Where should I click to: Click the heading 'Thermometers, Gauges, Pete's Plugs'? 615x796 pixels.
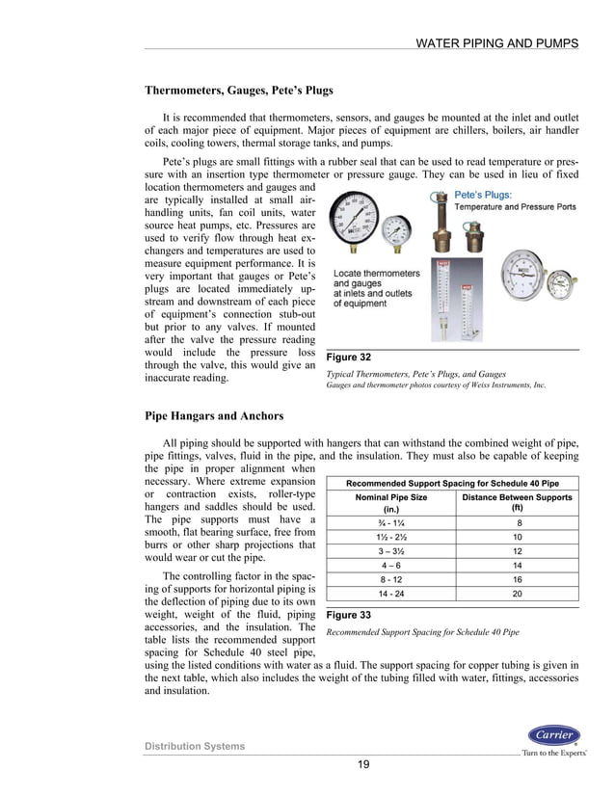[238, 91]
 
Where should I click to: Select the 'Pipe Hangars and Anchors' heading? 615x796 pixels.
[214, 415]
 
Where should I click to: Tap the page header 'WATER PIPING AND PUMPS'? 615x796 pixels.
[496, 43]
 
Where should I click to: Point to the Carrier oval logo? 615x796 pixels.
[553, 735]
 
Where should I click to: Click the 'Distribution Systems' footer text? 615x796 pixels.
[195, 746]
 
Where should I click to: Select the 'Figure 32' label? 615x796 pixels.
[350, 358]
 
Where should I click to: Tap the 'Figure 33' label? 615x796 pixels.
[350, 613]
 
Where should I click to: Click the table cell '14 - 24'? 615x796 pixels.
[390, 595]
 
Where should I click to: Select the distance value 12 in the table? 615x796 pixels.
[517, 551]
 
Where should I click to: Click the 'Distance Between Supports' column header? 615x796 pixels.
[517, 502]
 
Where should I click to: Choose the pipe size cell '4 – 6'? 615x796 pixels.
[390, 566]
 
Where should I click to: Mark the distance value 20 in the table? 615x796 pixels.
[517, 595]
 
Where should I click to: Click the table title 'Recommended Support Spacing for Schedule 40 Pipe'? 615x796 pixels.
[453, 482]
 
